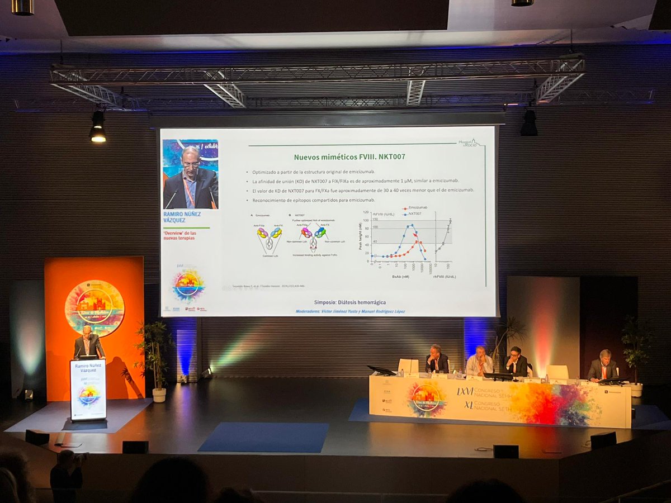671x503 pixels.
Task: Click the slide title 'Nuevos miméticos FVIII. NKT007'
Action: click(349, 156)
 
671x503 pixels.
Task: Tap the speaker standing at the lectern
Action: click(88, 343)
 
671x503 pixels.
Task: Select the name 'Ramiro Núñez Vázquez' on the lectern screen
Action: click(88, 369)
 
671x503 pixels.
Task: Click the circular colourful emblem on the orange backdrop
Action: click(94, 308)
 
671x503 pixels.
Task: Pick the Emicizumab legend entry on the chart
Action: click(417, 207)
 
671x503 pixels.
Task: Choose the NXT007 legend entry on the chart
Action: click(414, 213)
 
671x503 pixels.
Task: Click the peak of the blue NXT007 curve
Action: click(412, 225)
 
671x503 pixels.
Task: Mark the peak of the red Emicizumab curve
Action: click(417, 234)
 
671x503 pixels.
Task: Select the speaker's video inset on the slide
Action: click(190, 174)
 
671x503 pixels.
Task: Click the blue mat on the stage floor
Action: click(264, 436)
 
